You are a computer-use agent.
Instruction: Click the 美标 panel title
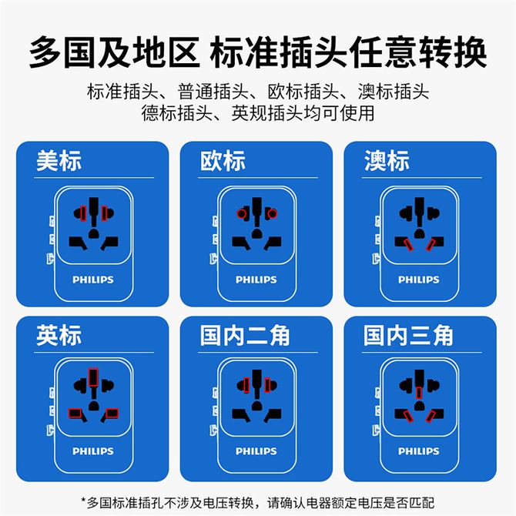tap(59, 161)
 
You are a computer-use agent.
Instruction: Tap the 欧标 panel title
tap(223, 161)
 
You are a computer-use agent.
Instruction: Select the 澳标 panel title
tap(387, 161)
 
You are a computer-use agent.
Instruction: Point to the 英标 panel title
tap(59, 335)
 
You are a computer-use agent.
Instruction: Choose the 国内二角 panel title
tap(244, 335)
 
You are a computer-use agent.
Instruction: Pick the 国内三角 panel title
tap(408, 335)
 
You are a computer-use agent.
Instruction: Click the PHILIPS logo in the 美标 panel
tap(93, 280)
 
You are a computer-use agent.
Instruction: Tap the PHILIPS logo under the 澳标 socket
tap(419, 280)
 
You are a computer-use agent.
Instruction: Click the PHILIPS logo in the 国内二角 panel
tap(256, 451)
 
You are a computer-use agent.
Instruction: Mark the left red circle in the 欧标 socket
tap(242, 214)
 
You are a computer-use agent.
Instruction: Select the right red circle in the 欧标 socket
tap(272, 214)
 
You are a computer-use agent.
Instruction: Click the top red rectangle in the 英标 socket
tap(93, 377)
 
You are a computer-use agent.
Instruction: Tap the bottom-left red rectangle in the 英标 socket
tap(75, 414)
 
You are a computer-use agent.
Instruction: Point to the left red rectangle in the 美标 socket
tap(83, 213)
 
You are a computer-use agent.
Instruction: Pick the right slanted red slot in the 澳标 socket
tap(431, 244)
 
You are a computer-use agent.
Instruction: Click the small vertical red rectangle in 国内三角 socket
tap(419, 393)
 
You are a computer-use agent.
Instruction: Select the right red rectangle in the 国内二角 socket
tap(267, 385)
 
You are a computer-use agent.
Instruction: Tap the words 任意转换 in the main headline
tap(417, 52)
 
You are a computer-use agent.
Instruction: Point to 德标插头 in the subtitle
tap(176, 113)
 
